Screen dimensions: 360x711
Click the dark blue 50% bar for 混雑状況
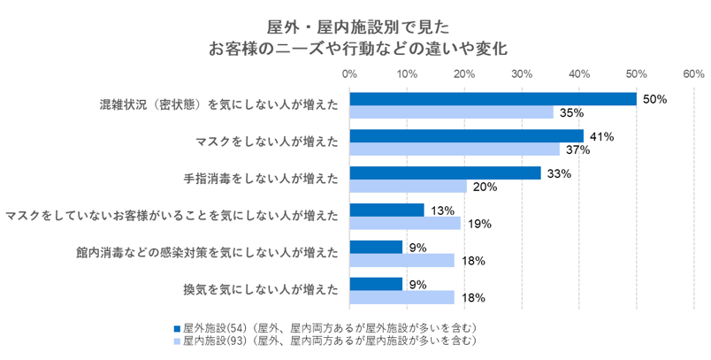point(493,99)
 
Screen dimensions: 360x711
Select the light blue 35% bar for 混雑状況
point(451,112)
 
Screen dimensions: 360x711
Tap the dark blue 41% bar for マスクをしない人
point(467,136)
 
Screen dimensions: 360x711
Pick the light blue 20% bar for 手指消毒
point(408,187)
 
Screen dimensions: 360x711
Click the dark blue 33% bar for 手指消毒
point(445,173)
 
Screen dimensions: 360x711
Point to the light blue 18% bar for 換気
point(402,297)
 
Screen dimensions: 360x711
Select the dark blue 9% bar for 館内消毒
point(376,247)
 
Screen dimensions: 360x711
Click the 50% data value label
point(654,99)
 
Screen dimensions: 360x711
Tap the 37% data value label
point(578,149)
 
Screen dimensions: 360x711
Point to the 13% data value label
point(443,211)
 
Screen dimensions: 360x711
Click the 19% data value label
point(478,224)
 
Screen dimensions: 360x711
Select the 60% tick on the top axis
point(693,73)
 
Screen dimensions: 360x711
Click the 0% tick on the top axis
point(350,73)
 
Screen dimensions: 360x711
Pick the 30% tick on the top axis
point(522,73)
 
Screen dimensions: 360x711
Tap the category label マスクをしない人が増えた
point(265,142)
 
